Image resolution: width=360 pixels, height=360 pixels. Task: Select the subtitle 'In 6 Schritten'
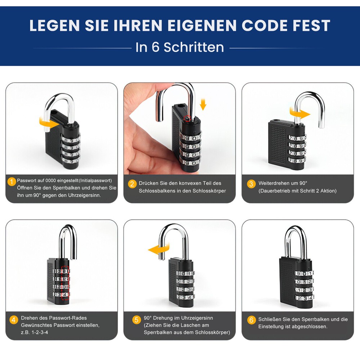pyautogui.click(x=180, y=48)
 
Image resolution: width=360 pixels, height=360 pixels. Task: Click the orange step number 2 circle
pyautogui.click(x=132, y=184)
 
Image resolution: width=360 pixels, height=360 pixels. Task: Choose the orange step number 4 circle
pyautogui.click(x=14, y=320)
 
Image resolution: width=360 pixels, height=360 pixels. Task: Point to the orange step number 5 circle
pyautogui.click(x=136, y=320)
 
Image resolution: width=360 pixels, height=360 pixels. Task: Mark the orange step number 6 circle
pyautogui.click(x=251, y=320)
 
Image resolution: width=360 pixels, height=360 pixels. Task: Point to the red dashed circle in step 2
pyautogui.click(x=186, y=118)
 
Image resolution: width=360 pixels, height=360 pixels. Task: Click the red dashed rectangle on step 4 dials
pyautogui.click(x=65, y=284)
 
